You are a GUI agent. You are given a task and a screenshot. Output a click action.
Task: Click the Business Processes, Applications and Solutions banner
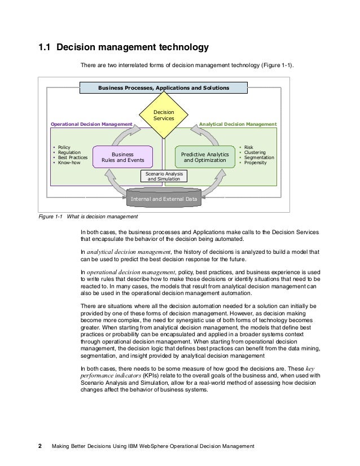pos(163,89)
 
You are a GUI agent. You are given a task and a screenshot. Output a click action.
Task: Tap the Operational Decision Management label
pos(91,124)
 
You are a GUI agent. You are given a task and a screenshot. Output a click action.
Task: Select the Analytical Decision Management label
pos(239,124)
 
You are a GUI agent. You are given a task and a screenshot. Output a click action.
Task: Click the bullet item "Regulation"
pos(69,152)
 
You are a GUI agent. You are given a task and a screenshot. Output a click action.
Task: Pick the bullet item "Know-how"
pos(68,163)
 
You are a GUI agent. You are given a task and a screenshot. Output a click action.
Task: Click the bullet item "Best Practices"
pos(72,158)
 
